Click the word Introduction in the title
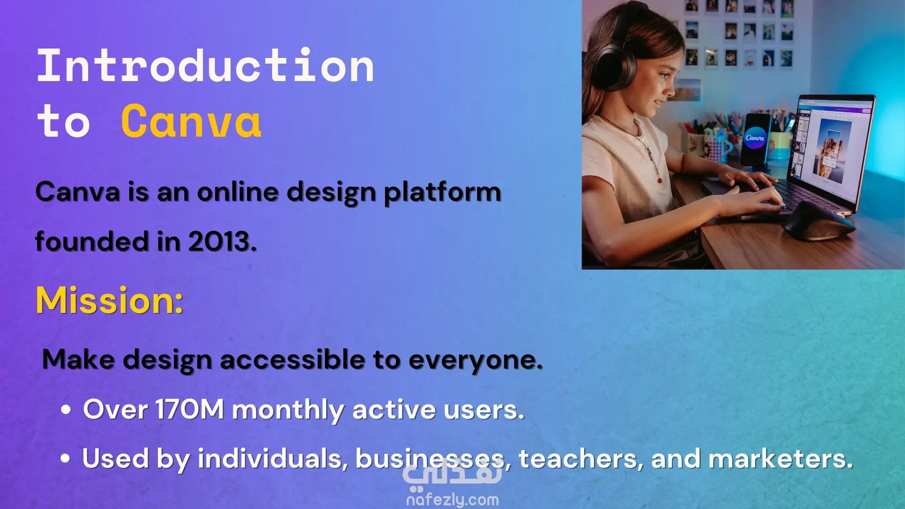(206, 66)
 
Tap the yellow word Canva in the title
(191, 121)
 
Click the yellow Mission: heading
(109, 300)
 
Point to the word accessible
(292, 360)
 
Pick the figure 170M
(189, 409)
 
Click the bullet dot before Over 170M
(66, 410)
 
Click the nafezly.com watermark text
(452, 499)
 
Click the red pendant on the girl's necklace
(659, 180)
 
